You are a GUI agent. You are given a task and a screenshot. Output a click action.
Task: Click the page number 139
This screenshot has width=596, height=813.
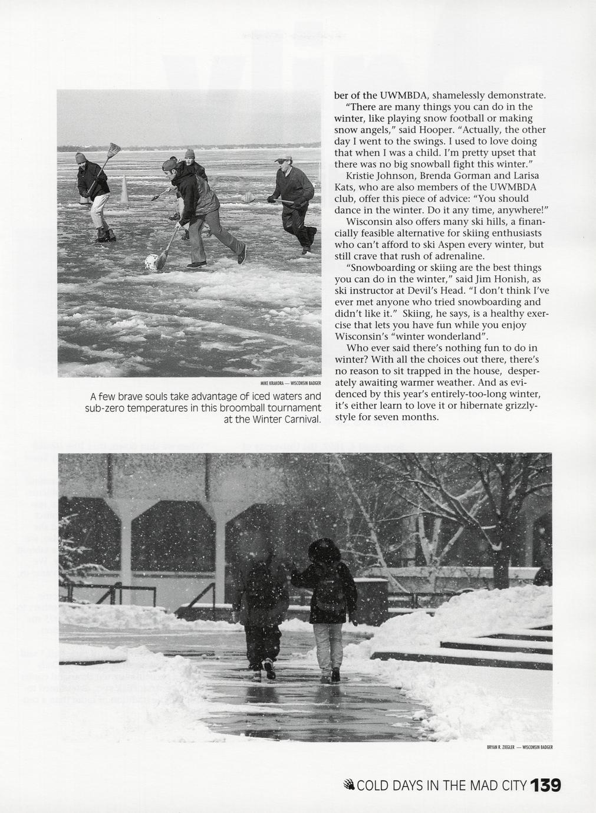point(545,785)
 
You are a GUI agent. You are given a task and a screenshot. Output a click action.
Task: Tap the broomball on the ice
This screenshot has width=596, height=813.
point(152,262)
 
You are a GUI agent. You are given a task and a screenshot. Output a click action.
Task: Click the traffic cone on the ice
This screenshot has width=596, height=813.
point(124,190)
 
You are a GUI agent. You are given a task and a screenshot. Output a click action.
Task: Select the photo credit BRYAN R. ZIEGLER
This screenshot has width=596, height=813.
point(500,748)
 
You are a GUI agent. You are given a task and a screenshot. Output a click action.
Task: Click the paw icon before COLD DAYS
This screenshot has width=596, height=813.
point(349,785)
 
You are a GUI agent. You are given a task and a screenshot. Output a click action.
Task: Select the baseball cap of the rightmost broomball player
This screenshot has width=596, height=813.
point(284,159)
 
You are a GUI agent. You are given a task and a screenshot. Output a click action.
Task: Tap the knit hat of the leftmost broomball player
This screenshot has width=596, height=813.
point(81,157)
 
